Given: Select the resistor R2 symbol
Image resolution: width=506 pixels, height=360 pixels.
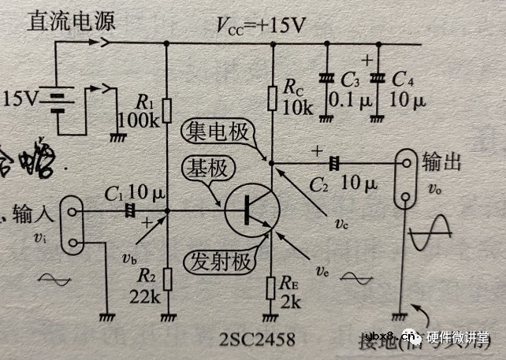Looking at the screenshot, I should coord(167,278).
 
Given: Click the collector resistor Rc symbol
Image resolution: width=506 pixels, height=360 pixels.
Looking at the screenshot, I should coord(272,98).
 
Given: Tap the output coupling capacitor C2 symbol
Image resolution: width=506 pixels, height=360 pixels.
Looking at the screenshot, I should coord(334,163).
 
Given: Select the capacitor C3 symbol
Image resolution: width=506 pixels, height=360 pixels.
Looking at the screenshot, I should coord(325,79).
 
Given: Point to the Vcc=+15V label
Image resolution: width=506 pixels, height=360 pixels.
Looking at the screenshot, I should coord(260,25).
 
